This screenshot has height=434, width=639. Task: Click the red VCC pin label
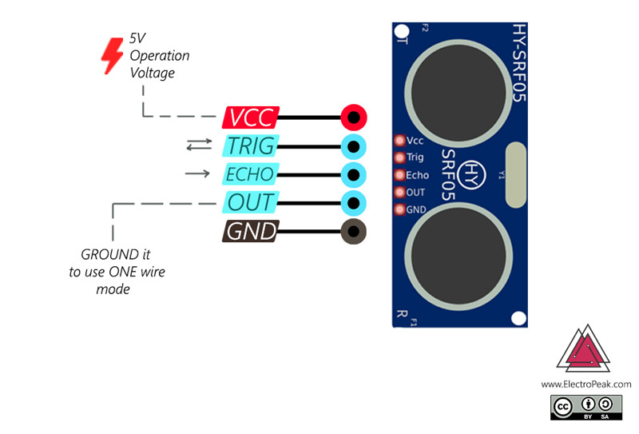pos(250,118)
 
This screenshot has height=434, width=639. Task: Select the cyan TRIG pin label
pos(250,146)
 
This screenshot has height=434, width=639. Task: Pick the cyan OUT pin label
pos(250,202)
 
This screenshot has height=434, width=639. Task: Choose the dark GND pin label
pos(251,232)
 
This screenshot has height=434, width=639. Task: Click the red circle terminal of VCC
pos(353,118)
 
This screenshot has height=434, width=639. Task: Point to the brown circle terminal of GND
pos(353,233)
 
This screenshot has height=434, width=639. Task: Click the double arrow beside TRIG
pos(198,145)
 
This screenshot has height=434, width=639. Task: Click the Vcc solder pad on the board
pos(400,140)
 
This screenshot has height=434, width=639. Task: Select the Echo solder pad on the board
pos(400,175)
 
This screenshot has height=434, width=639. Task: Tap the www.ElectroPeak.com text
pos(585,384)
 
